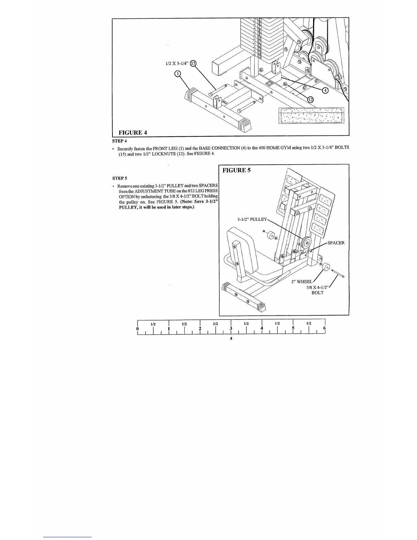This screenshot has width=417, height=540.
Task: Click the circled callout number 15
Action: (x=193, y=63)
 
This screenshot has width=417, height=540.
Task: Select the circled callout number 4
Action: (x=325, y=90)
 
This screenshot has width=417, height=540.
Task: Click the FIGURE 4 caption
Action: (x=133, y=132)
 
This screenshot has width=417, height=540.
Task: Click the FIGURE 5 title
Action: (x=236, y=170)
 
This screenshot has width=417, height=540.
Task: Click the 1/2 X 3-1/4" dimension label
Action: (x=176, y=64)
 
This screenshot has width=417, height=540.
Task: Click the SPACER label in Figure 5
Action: (x=336, y=243)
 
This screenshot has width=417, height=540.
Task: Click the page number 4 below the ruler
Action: (x=231, y=339)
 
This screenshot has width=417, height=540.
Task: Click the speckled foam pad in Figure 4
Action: (x=311, y=116)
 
